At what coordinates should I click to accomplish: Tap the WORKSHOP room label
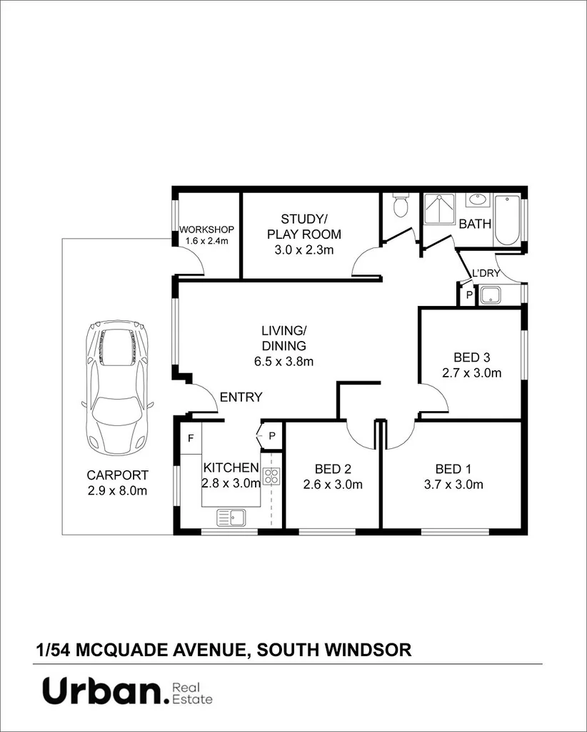(x=206, y=229)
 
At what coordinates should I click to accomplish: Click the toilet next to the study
(x=400, y=207)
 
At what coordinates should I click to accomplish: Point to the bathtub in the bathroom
(x=508, y=219)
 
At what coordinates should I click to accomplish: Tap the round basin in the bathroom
(x=476, y=199)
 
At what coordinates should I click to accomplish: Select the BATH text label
(x=475, y=224)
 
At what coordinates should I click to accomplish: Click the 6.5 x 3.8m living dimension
(x=284, y=361)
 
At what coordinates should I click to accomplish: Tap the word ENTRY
(x=241, y=397)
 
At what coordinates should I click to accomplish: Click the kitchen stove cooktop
(x=271, y=476)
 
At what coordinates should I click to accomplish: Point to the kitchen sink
(x=231, y=516)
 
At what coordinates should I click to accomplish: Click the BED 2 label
(x=333, y=469)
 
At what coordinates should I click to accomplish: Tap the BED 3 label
(x=472, y=357)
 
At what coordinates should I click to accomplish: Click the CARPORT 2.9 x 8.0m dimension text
(x=117, y=490)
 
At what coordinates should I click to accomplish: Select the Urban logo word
(x=101, y=692)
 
